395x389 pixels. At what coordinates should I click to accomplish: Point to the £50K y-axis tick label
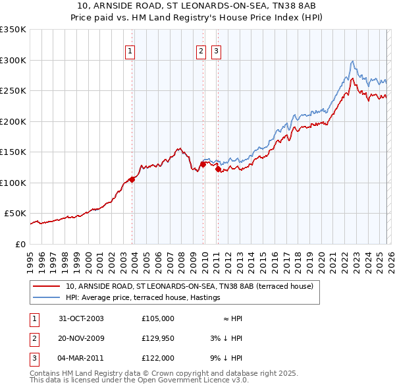15,214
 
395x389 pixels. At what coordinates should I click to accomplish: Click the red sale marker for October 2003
132,179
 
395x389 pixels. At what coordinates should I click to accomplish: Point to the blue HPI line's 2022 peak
353,61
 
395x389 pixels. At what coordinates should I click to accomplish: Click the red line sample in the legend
47,286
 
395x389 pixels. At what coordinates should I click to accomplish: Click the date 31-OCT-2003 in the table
82,318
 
